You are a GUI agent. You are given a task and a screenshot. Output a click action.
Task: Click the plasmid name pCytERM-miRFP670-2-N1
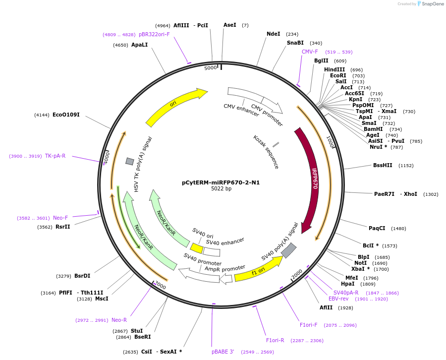click(x=221, y=182)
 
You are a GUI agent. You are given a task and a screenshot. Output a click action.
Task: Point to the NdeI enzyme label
click(x=273, y=34)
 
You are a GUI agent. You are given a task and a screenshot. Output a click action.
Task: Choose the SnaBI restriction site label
click(x=295, y=43)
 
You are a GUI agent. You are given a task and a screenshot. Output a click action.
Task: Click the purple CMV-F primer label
click(x=310, y=52)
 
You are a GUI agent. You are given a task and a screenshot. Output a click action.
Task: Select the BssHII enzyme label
click(x=383, y=165)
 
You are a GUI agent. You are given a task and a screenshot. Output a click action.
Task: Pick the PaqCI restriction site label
click(x=377, y=228)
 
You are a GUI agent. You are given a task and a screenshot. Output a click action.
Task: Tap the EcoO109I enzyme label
click(x=66, y=115)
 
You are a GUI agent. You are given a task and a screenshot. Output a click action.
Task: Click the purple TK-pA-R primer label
click(x=55, y=156)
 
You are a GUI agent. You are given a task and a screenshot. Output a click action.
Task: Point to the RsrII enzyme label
click(x=62, y=227)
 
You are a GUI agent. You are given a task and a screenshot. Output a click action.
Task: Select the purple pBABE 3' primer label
click(x=223, y=352)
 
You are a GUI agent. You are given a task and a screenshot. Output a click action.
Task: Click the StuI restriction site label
click(x=137, y=331)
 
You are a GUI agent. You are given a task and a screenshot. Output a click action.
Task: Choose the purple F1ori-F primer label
click(x=308, y=325)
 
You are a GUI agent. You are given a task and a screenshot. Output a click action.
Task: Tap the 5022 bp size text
click(x=221, y=189)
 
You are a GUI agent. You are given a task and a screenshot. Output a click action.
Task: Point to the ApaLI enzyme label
click(x=139, y=45)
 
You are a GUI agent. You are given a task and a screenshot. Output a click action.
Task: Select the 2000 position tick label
click(x=296, y=273)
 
